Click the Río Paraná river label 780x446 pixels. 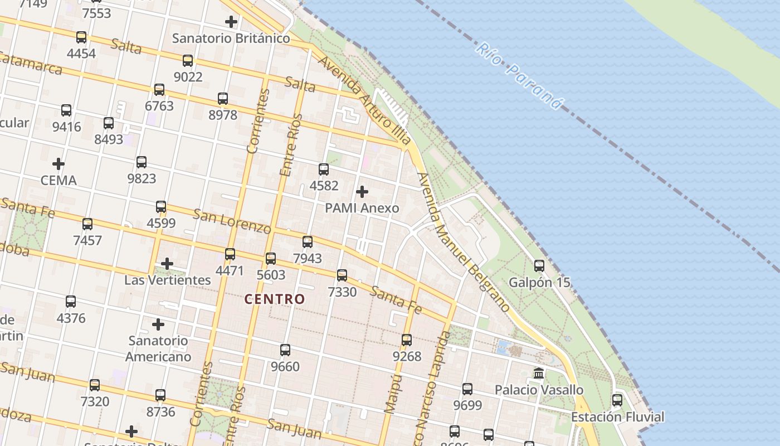[518, 76]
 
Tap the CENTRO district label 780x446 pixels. [275, 299]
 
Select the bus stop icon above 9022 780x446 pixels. [188, 60]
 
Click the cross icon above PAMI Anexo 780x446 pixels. [362, 192]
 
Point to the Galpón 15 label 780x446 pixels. [539, 282]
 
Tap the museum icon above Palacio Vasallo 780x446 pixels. [539, 373]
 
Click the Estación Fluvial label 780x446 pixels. [617, 417]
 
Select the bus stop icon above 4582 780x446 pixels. [324, 169]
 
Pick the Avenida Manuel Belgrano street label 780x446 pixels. [463, 242]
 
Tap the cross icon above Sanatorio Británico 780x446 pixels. [231, 22]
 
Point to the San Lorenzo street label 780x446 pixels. [232, 221]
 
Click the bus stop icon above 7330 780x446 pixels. [342, 275]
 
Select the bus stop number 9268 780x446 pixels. [407, 356]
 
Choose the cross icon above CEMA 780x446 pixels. [58, 164]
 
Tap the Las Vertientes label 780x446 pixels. [167, 280]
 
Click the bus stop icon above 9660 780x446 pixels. [285, 350]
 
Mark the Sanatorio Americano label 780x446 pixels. [159, 348]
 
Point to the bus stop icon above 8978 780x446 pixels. [223, 98]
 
